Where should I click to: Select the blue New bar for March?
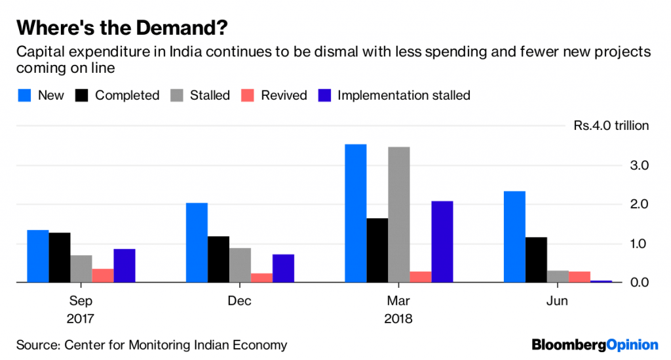[x=355, y=213]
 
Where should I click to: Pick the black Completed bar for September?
[x=59, y=257]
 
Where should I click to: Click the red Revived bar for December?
[x=261, y=278]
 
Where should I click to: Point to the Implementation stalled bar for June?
[x=601, y=281]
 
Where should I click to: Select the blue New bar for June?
[x=514, y=237]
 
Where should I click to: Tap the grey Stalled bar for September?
[x=81, y=269]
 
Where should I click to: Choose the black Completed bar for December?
[x=218, y=259]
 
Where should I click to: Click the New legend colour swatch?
[x=24, y=96]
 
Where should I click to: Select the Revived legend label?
[x=284, y=96]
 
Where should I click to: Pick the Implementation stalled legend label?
[x=404, y=96]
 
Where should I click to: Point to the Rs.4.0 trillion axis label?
[x=611, y=126]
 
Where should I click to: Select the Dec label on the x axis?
[x=240, y=301]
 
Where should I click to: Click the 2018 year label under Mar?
[x=398, y=319]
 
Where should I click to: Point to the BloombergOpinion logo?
[x=594, y=344]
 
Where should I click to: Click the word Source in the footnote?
[x=37, y=344]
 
